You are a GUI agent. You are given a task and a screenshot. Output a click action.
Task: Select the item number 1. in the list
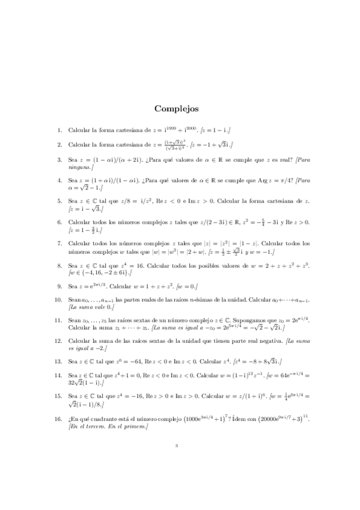tap(59, 129)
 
